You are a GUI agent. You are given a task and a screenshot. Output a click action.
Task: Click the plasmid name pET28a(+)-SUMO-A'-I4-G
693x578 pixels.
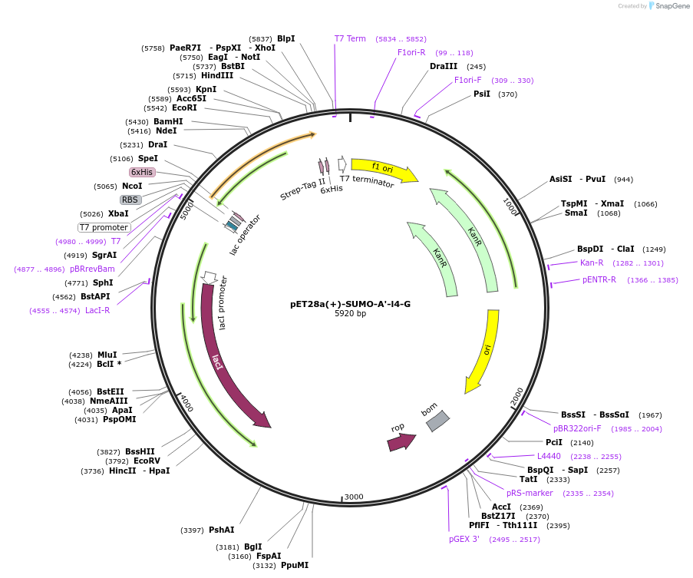(x=350, y=304)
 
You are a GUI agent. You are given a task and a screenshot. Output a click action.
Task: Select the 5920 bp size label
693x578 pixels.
(x=350, y=314)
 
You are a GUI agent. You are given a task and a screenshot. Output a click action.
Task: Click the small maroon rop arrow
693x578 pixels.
(x=400, y=441)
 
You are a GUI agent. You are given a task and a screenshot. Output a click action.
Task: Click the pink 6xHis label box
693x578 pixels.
(x=142, y=172)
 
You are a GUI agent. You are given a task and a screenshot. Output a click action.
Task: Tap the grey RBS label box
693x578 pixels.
(x=130, y=200)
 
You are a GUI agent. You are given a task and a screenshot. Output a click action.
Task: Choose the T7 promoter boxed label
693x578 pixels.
(x=104, y=227)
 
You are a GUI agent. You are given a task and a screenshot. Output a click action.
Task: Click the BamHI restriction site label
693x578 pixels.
(x=168, y=121)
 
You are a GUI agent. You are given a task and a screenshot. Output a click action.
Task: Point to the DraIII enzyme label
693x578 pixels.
(x=444, y=66)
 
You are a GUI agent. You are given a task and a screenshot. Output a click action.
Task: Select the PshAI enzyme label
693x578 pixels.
(x=222, y=530)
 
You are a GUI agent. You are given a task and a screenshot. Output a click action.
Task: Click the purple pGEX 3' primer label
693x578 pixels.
(x=464, y=539)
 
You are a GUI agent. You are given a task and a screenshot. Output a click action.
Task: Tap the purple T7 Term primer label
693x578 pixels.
(x=350, y=38)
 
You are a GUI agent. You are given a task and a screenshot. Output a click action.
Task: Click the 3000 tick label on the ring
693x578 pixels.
(x=354, y=497)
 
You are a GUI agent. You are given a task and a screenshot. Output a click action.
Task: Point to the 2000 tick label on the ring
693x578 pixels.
(x=517, y=396)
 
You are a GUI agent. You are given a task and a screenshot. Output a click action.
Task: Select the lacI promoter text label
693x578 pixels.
(x=223, y=302)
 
